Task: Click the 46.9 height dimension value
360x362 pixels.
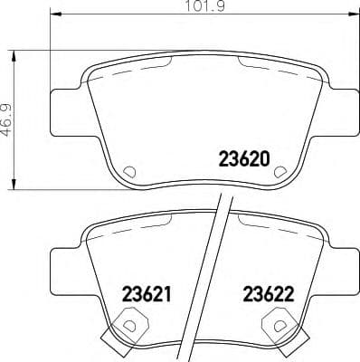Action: [9, 119]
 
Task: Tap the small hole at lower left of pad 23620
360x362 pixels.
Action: [128, 170]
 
